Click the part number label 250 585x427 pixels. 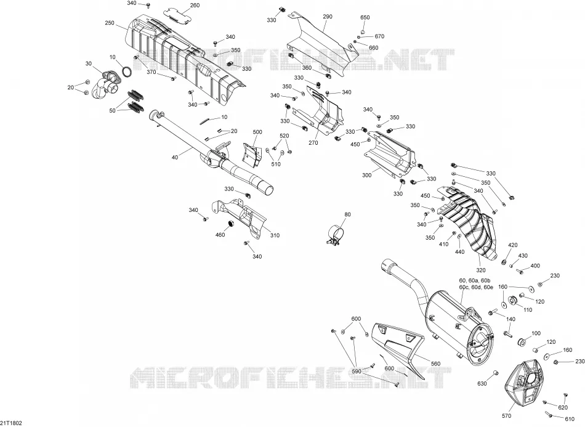click(110, 23)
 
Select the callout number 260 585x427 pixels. click(195, 5)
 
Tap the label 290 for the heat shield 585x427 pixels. click(328, 17)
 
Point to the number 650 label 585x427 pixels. click(365, 17)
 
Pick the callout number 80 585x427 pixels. click(347, 214)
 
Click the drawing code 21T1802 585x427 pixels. click(11, 423)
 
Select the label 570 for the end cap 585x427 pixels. click(506, 416)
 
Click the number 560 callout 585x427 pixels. click(435, 364)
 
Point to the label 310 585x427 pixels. click(275, 235)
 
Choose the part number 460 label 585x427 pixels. click(220, 235)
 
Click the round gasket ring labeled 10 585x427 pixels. click(127, 71)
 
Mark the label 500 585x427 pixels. click(257, 132)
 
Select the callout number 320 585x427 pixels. click(481, 270)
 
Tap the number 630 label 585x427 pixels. click(482, 383)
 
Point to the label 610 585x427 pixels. click(570, 419)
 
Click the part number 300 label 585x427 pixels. click(367, 175)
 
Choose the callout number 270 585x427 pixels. click(313, 142)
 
